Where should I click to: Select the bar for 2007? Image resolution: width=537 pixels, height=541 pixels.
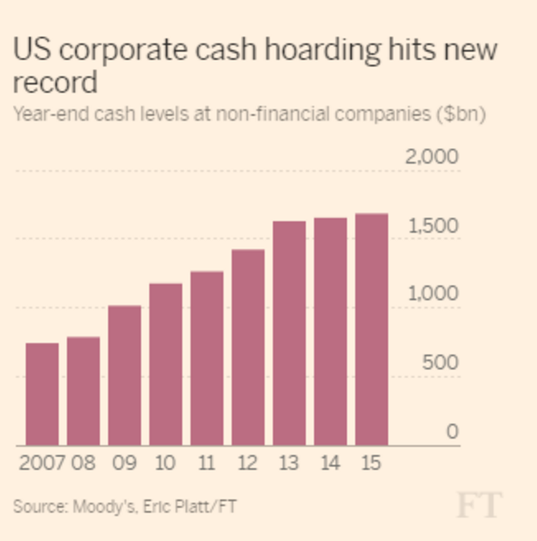pyautogui.click(x=42, y=394)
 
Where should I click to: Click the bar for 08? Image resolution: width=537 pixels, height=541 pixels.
pyautogui.click(x=83, y=391)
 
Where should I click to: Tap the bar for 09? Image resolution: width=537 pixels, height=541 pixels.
pyautogui.click(x=124, y=376)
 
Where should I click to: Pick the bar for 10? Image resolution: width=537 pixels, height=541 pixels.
pyautogui.click(x=165, y=365)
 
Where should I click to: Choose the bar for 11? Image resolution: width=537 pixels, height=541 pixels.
pyautogui.click(x=206, y=358)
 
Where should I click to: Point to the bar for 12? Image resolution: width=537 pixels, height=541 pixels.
pyautogui.click(x=248, y=347)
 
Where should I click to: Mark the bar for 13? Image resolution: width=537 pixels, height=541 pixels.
pyautogui.click(x=289, y=333)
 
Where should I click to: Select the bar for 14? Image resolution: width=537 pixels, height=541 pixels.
pyautogui.click(x=330, y=331)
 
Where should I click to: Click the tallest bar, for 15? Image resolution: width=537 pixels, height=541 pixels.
pyautogui.click(x=371, y=330)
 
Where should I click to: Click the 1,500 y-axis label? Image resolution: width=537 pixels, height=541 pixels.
pyautogui.click(x=433, y=226)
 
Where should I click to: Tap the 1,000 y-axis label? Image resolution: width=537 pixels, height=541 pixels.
pyautogui.click(x=433, y=294)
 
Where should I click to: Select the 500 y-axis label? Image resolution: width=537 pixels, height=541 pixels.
pyautogui.click(x=441, y=363)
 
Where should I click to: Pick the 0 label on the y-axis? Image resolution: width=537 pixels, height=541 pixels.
pyautogui.click(x=452, y=432)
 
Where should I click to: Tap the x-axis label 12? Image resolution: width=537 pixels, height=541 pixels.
pyautogui.click(x=248, y=462)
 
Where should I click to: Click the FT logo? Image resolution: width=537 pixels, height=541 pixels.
pyautogui.click(x=479, y=505)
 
